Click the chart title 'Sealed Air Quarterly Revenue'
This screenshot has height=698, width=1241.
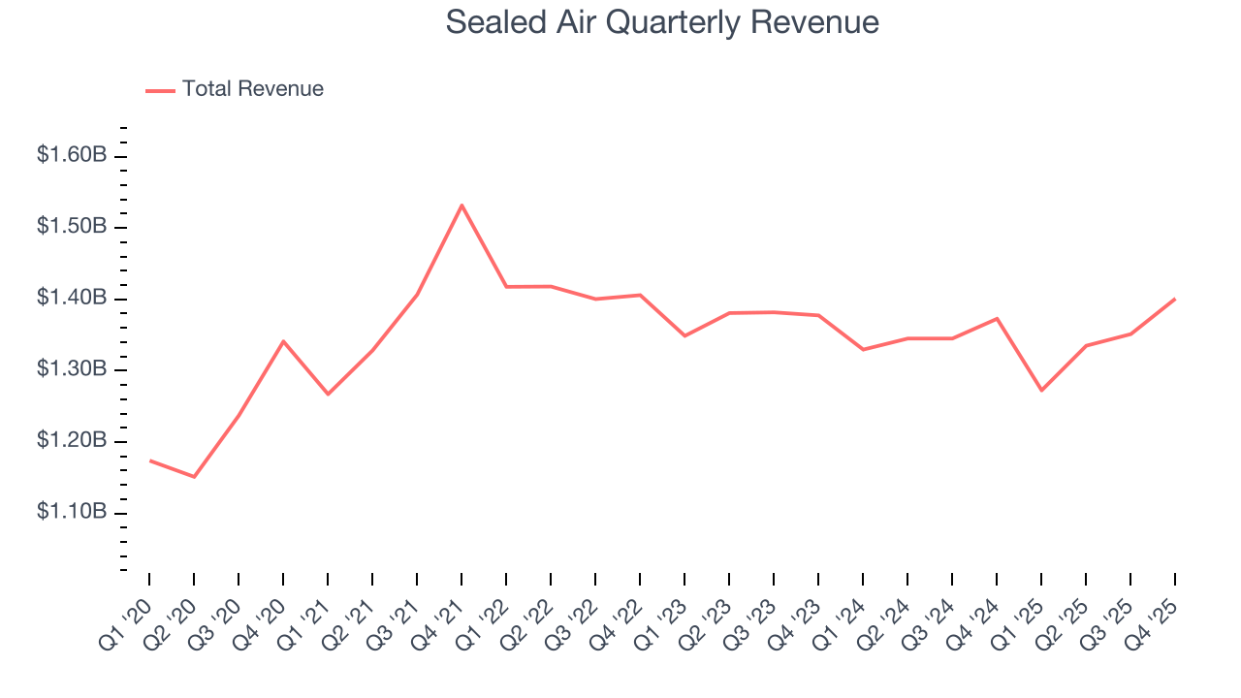[x=662, y=22]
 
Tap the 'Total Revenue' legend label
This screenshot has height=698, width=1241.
[x=252, y=89]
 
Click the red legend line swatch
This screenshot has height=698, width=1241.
[x=160, y=90]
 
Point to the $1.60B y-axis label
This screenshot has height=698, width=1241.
[x=72, y=155]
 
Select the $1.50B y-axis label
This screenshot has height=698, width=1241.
[x=72, y=227]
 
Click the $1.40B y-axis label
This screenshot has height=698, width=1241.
[x=72, y=299]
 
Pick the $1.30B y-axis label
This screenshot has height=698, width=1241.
[x=72, y=370]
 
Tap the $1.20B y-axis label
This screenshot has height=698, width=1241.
[x=72, y=441]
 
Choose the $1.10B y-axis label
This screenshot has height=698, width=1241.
[x=72, y=512]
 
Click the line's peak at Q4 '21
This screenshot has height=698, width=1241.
[x=461, y=205]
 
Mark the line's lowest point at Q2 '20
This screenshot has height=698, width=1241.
[x=194, y=477]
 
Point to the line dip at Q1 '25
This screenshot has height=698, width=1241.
[x=1041, y=391]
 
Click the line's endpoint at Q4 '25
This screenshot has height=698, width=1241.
[x=1175, y=299]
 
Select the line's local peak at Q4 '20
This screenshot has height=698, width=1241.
[x=283, y=340]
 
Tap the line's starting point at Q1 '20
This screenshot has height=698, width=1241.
[x=149, y=460]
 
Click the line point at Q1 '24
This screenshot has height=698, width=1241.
[x=863, y=349]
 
